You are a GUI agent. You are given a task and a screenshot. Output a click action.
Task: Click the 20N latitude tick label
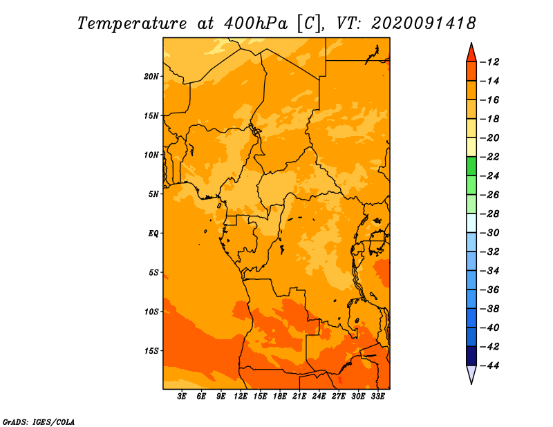[151, 77]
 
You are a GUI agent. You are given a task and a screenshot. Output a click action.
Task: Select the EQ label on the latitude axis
[153, 234]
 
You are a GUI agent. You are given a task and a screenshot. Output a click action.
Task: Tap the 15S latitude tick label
[151, 351]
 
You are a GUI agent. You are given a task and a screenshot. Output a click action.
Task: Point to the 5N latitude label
[153, 194]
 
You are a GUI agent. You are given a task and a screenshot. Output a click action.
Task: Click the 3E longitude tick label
[182, 397]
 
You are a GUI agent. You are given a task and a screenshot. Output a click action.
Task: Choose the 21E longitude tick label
[299, 397]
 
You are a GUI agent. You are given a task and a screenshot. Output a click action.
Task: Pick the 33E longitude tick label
[377, 397]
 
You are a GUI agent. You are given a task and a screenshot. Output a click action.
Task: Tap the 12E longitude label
[241, 397]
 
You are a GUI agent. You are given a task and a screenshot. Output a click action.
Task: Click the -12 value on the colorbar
[489, 62]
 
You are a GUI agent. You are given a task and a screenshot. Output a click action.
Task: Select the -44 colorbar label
[489, 366]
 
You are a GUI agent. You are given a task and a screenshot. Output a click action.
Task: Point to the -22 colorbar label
[489, 157]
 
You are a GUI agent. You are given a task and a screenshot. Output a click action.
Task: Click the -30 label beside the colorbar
[489, 233]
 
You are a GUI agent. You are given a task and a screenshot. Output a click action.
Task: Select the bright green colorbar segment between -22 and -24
[471, 166]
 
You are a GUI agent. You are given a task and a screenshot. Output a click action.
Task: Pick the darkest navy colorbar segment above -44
[471, 356]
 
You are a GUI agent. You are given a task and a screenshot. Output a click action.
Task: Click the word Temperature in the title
[132, 23]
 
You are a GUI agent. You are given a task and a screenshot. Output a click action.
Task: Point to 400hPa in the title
[256, 23]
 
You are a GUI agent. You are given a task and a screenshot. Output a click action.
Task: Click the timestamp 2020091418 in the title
[424, 23]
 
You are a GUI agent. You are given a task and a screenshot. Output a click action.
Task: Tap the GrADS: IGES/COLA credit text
[39, 421]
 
